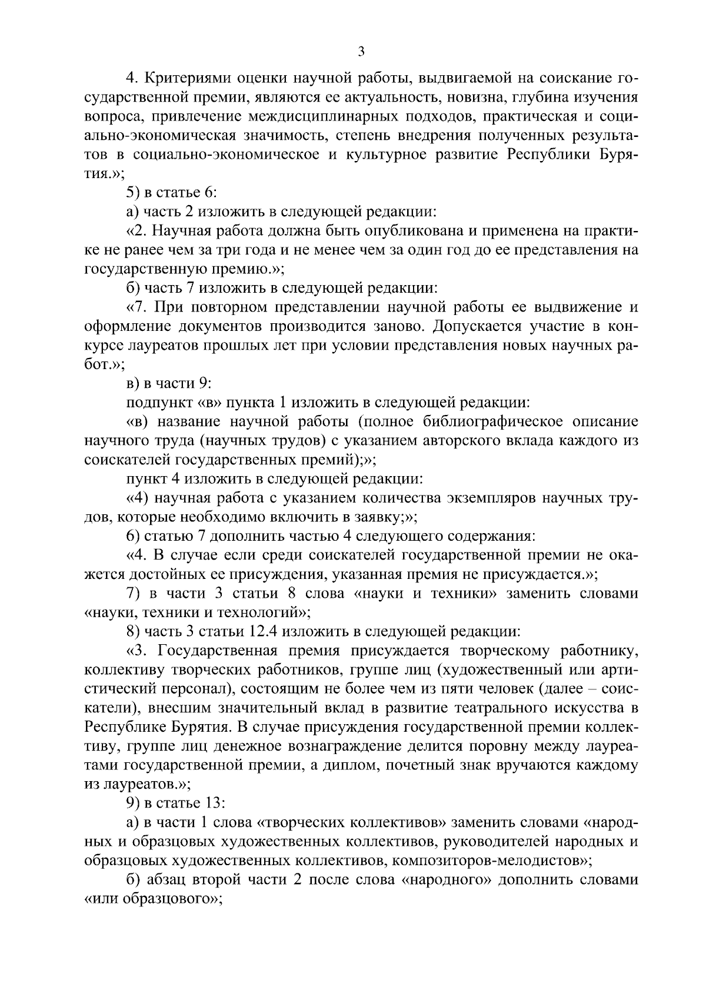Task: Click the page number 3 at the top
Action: click(361, 52)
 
